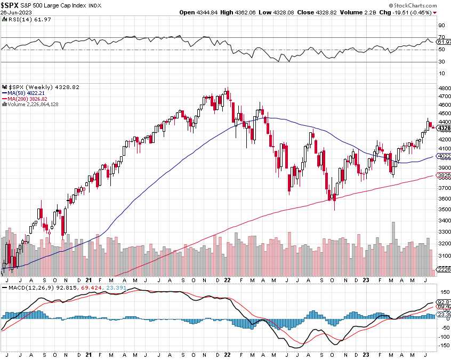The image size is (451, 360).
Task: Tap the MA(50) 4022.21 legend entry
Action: coord(27,93)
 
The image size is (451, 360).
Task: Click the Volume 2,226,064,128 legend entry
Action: coord(32,104)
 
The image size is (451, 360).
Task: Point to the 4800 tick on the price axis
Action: coord(444,88)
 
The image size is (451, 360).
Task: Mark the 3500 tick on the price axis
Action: coord(444,209)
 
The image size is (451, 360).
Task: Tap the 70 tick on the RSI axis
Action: coord(441,37)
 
